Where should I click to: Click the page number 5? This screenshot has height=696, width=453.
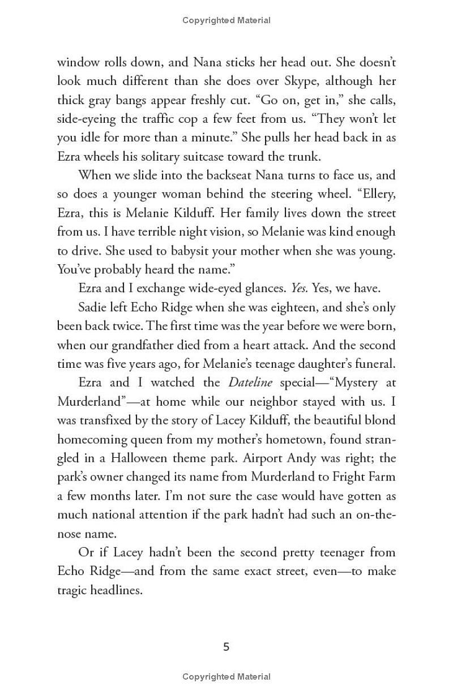(x=226, y=647)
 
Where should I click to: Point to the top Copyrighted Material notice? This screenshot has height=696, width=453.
(x=226, y=20)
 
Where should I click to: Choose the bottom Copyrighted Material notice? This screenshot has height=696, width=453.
(x=226, y=676)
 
